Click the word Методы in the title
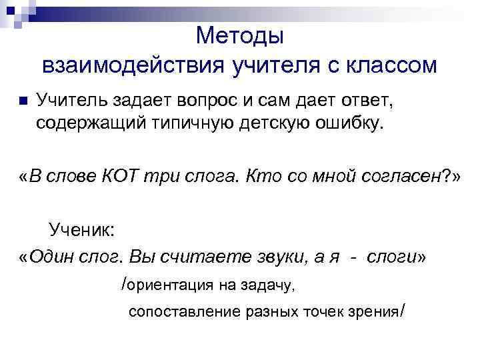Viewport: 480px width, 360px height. tap(240, 35)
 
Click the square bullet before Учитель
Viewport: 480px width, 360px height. tap(22, 102)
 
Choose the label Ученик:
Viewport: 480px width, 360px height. tap(81, 231)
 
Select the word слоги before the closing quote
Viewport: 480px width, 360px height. tap(391, 257)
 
